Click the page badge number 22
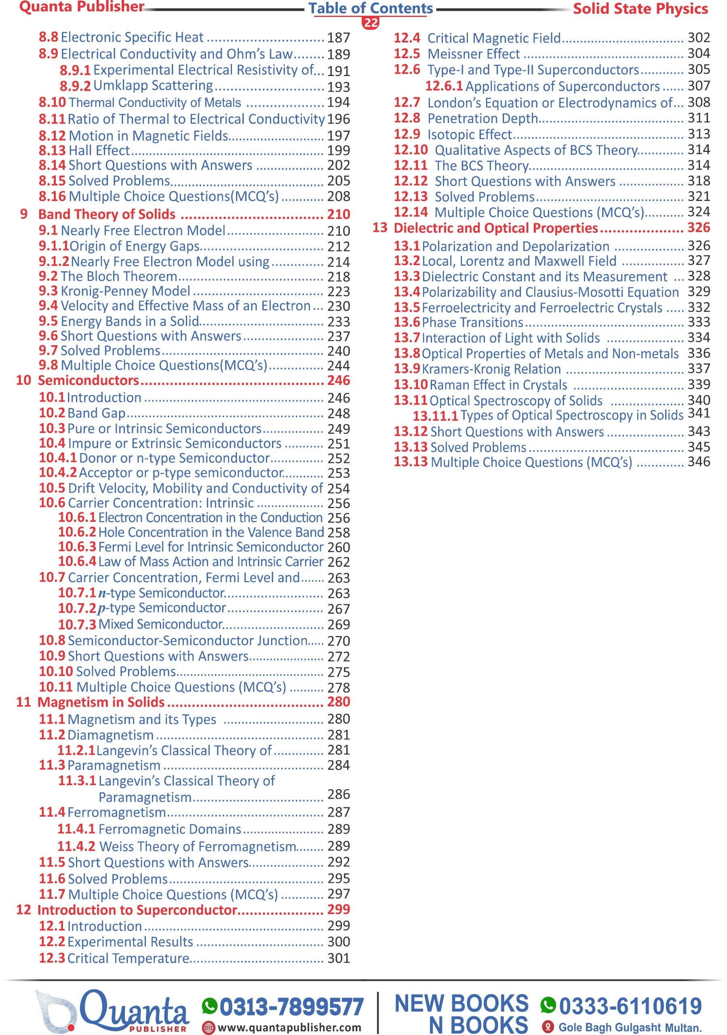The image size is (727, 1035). (371, 23)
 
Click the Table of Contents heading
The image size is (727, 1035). (371, 8)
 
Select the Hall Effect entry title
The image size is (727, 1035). (99, 150)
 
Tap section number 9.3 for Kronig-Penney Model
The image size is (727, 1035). (48, 291)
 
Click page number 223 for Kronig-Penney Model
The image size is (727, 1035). (339, 291)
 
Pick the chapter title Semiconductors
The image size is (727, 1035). (89, 380)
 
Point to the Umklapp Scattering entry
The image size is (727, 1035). (153, 85)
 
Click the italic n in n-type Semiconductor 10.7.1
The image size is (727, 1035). (102, 593)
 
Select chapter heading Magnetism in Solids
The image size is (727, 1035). (101, 702)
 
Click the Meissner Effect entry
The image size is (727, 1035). (474, 54)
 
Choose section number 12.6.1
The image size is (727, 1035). (444, 86)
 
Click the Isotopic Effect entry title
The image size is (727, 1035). (470, 134)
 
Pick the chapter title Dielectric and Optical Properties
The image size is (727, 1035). (496, 228)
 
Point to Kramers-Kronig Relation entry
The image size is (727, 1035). (491, 369)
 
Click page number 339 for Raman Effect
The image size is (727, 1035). (699, 384)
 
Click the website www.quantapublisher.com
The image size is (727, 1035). (289, 1027)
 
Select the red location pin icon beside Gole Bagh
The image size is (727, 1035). (548, 1027)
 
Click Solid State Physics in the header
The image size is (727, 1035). (640, 8)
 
